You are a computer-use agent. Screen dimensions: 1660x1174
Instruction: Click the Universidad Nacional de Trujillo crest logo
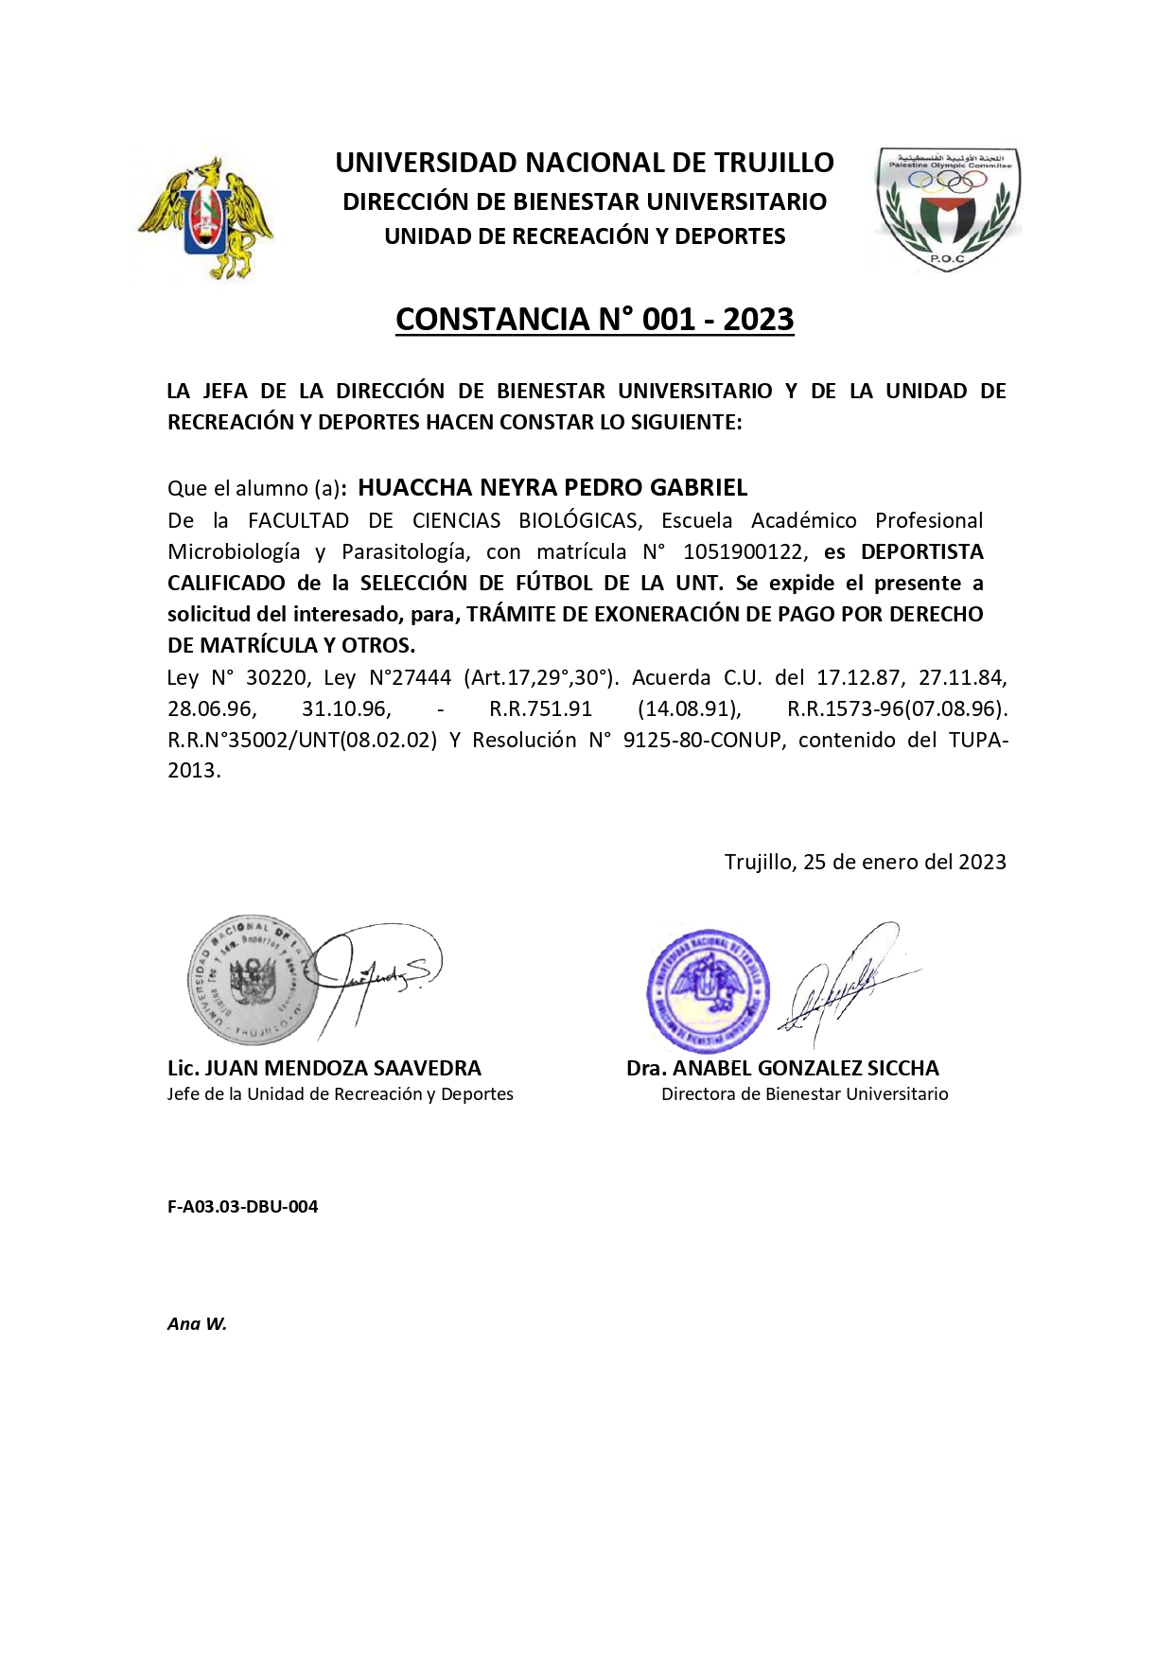click(x=206, y=218)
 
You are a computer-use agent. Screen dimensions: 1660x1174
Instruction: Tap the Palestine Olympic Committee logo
click(x=947, y=209)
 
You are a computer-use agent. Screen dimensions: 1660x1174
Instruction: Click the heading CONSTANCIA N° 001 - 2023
click(x=594, y=320)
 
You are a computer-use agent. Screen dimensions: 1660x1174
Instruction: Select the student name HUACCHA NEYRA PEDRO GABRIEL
click(x=552, y=488)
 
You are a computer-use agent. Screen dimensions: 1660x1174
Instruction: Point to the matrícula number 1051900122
click(x=745, y=552)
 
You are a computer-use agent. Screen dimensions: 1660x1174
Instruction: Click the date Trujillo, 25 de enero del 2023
click(x=865, y=862)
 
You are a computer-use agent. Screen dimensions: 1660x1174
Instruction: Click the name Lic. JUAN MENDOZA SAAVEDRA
click(x=324, y=1069)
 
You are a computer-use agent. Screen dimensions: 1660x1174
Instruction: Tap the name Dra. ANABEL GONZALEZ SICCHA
click(x=782, y=1069)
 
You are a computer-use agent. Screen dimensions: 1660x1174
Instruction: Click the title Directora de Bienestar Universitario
click(x=804, y=1094)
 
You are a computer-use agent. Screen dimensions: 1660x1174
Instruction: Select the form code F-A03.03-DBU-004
click(x=242, y=1207)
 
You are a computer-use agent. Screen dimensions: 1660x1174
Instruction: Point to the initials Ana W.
click(x=197, y=1324)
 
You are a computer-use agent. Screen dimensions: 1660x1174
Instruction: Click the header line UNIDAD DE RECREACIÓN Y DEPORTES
click(x=585, y=236)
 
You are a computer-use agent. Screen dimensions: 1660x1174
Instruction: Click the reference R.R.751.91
click(x=540, y=709)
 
